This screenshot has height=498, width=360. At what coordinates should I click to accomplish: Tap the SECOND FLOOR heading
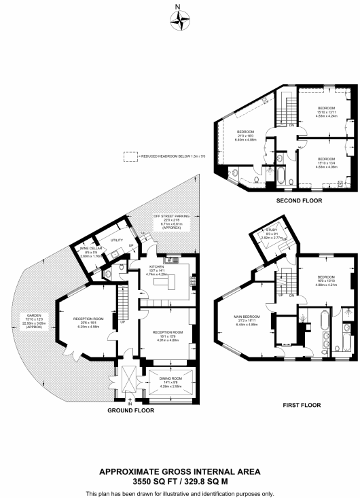click(x=285, y=201)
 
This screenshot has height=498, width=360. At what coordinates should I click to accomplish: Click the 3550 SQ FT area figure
click(x=179, y=480)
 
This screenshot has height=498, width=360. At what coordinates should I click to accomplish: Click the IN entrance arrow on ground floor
click(x=129, y=403)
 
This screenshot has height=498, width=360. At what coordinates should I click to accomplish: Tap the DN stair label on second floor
click(x=291, y=125)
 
